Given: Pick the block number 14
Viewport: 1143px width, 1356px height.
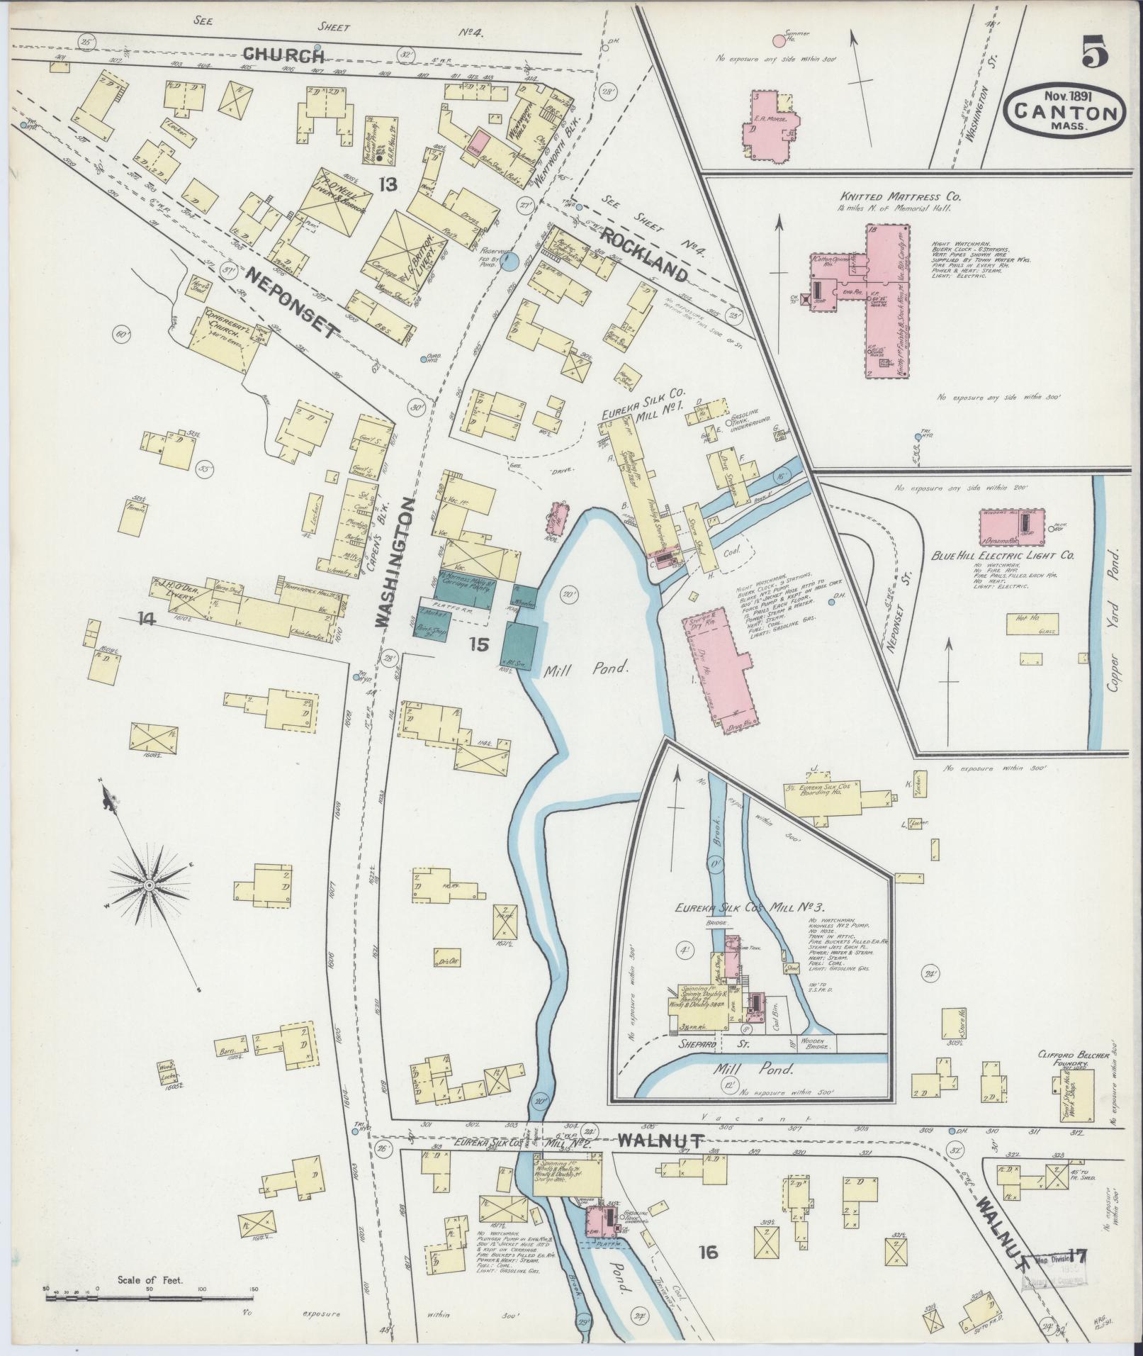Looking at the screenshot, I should [x=147, y=619].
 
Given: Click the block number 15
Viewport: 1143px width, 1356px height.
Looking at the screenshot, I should [x=480, y=644].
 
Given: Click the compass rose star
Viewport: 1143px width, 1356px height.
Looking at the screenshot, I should [x=150, y=885].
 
